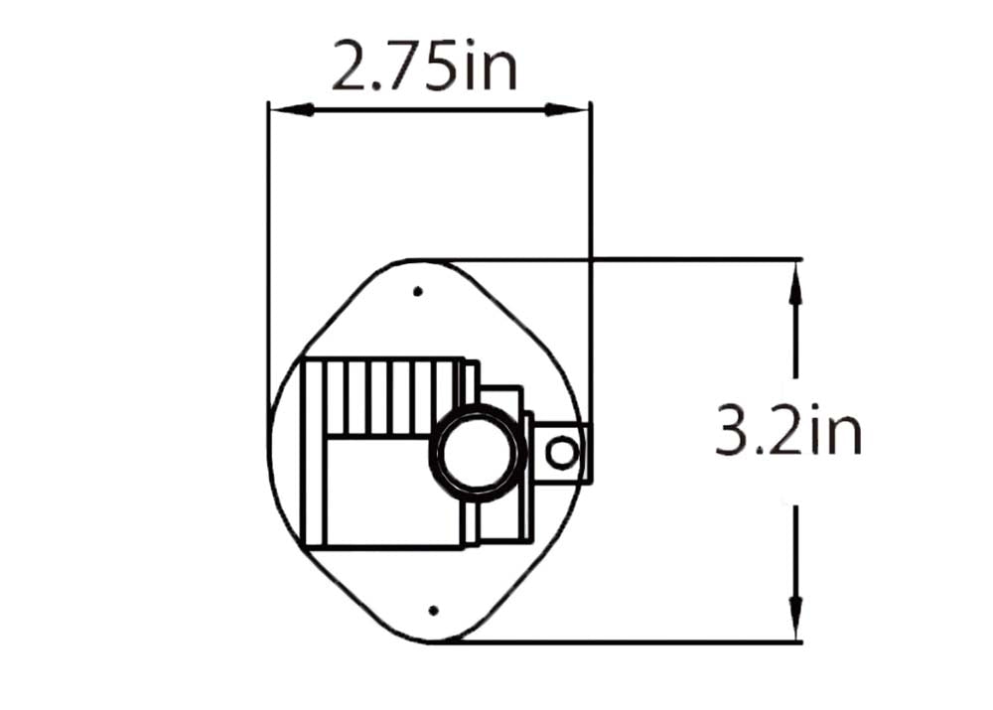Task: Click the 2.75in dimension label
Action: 424,65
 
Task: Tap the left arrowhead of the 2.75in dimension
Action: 291,110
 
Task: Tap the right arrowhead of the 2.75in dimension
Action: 568,110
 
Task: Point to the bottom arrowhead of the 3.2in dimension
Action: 796,619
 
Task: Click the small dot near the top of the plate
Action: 417,291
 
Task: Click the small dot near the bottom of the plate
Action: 434,611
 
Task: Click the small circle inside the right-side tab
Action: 562,454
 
